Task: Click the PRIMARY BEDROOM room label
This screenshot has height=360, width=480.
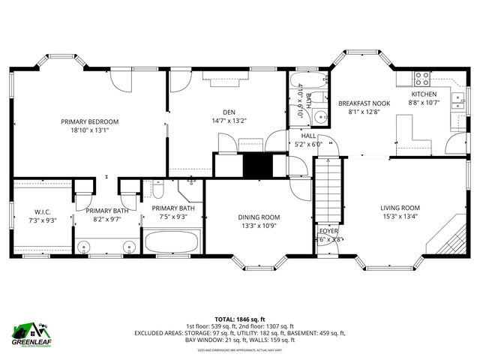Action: tap(90, 121)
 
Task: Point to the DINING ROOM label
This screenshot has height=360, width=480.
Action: tap(259, 217)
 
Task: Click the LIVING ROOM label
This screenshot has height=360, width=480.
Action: tap(400, 208)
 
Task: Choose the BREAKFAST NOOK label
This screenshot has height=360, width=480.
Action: tap(364, 103)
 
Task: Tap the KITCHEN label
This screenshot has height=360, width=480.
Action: tap(423, 94)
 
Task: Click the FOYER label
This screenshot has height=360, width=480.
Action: tap(329, 231)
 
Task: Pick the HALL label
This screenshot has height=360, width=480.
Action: tap(308, 136)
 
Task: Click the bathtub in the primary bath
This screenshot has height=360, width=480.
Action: tap(173, 243)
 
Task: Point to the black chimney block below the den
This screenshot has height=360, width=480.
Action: tap(255, 165)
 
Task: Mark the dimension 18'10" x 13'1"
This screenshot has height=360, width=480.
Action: tap(90, 129)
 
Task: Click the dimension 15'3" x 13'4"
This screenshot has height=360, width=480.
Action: tap(400, 217)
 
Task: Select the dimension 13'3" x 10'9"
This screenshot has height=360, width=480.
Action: tap(259, 226)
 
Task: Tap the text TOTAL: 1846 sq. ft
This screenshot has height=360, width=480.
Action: tap(239, 319)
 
